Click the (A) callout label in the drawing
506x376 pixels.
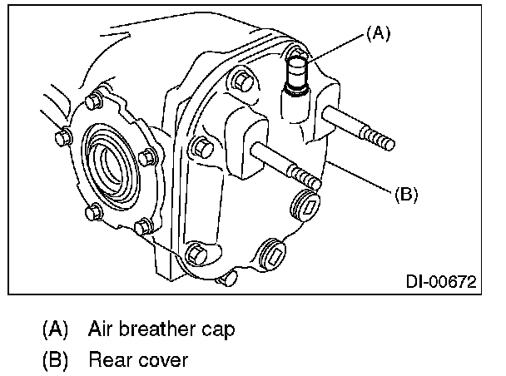tap(377, 34)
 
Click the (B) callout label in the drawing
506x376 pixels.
tap(404, 195)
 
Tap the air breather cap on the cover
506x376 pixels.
tap(299, 74)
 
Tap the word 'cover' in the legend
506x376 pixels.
tap(165, 360)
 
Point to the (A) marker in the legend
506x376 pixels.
tap(56, 329)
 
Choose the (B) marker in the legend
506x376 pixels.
tap(56, 360)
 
